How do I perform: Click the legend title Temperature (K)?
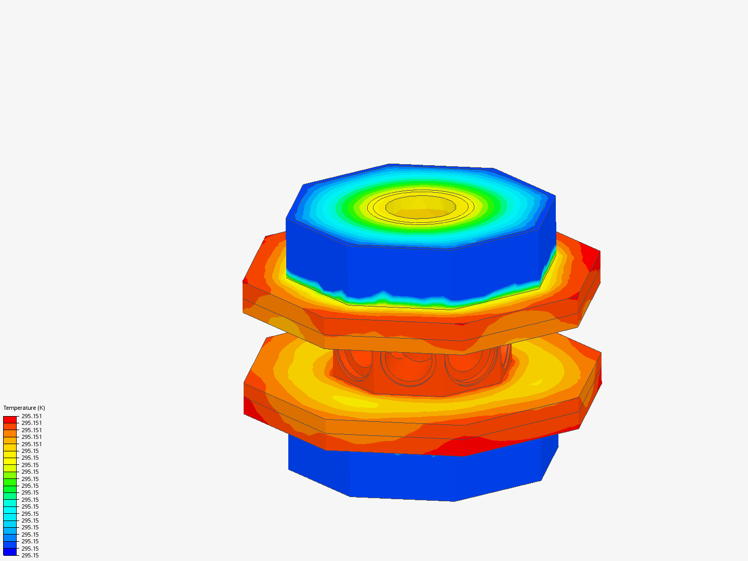point(24,408)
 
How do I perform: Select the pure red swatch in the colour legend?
point(10,419)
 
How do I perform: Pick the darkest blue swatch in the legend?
point(10,552)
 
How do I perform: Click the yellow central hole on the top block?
point(421,206)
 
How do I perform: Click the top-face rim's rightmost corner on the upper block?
point(555,196)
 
